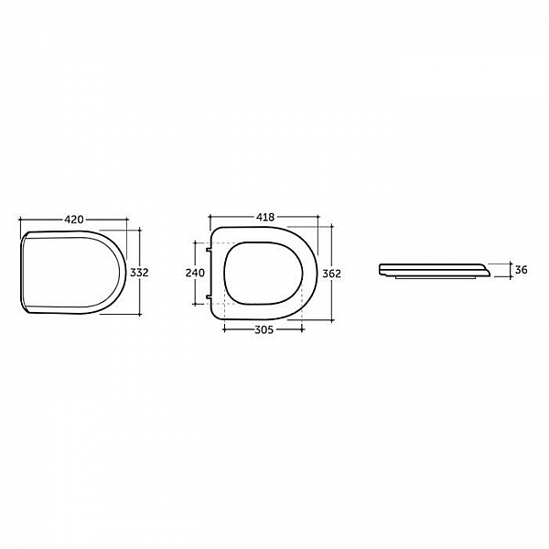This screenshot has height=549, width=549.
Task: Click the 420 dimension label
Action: pos(74,220)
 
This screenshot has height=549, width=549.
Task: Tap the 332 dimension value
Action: pos(139,272)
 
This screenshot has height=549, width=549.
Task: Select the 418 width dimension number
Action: pos(265,217)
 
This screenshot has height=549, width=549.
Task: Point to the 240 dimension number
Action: pos(195,273)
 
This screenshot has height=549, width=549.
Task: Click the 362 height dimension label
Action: pos(331,274)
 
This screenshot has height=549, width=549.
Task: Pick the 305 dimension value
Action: pos(264,329)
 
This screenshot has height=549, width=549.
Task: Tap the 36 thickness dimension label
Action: pos(522,270)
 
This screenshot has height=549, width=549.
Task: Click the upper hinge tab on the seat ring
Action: pos(209,250)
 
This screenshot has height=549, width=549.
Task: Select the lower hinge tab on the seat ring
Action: pos(209,296)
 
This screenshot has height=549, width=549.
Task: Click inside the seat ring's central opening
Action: pos(263,273)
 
